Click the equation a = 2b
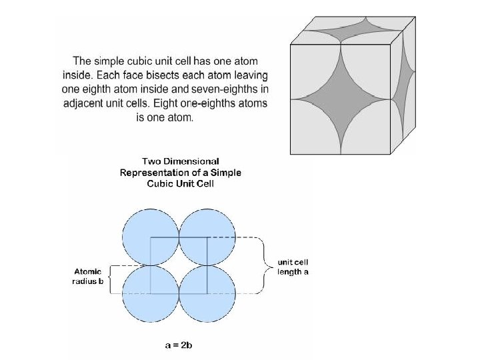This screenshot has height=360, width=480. tap(179, 345)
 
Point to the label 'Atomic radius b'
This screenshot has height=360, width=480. tap(88, 276)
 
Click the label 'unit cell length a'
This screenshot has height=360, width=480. tap(293, 268)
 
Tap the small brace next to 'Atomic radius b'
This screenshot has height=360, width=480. tap(113, 279)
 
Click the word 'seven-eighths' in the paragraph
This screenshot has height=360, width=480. tap(229, 88)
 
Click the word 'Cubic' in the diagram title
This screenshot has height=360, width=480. tap(163, 184)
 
